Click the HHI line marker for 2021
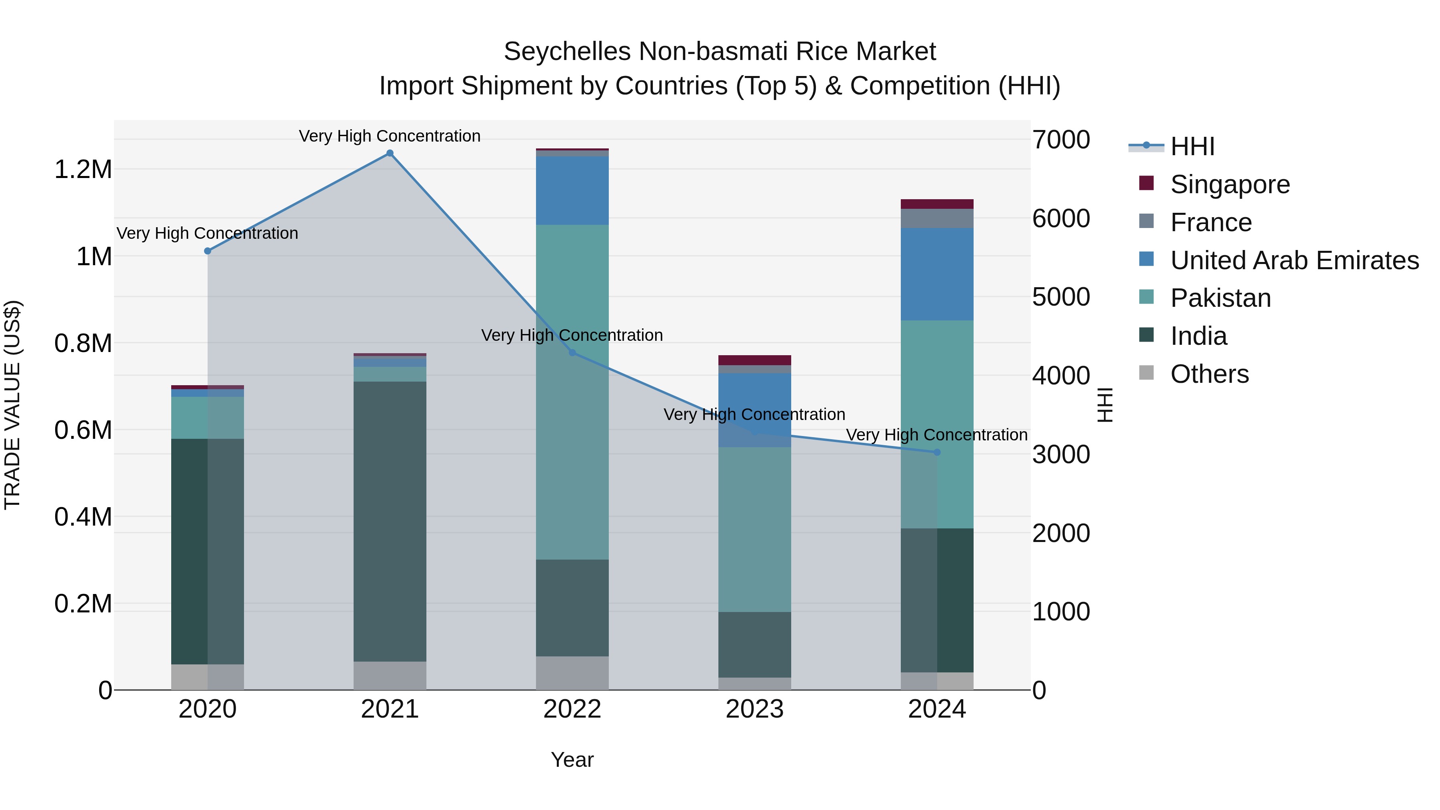point(390,153)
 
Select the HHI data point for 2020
point(207,251)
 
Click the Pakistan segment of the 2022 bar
point(572,391)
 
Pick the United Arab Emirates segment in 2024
point(937,274)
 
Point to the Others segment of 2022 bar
point(572,673)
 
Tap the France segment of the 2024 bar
point(937,218)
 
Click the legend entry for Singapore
point(1230,184)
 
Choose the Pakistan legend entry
point(1220,298)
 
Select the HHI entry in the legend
point(1192,146)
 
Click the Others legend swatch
point(1146,373)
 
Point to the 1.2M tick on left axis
point(83,169)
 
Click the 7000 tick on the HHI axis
point(1060,140)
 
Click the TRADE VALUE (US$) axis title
point(12,405)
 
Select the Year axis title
point(572,760)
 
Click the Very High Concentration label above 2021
point(390,136)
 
